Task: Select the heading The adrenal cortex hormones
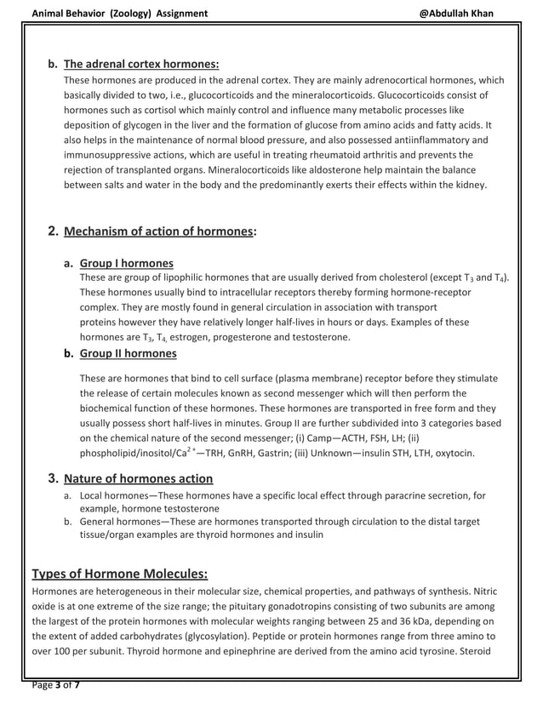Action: [x=141, y=64]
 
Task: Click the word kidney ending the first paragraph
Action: [x=471, y=184]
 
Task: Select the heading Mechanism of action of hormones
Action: [x=158, y=231]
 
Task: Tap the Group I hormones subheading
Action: [x=126, y=263]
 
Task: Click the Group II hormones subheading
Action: [x=128, y=353]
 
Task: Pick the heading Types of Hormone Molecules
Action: [x=119, y=573]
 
